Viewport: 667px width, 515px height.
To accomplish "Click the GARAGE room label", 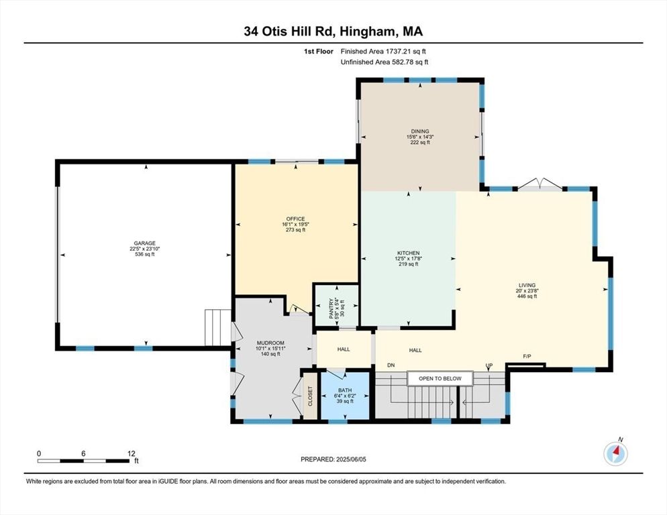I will pyautogui.click(x=145, y=243).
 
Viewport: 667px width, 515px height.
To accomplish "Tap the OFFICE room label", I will pyautogui.click(x=295, y=219).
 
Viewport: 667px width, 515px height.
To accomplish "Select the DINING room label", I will pyautogui.click(x=420, y=131).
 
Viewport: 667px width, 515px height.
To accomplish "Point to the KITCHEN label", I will pyautogui.click(x=408, y=253).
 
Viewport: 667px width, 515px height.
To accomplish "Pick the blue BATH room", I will pyautogui.click(x=345, y=395).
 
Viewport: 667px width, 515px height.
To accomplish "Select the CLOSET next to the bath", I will pyautogui.click(x=309, y=396).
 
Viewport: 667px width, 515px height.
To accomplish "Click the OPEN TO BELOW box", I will pyautogui.click(x=440, y=379).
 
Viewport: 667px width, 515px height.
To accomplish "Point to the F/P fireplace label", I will pyautogui.click(x=528, y=357).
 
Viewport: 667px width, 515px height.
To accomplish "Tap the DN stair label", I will pyautogui.click(x=391, y=365).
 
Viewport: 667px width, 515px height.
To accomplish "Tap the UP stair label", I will pyautogui.click(x=489, y=365).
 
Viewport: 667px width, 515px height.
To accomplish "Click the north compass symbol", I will pyautogui.click(x=615, y=454).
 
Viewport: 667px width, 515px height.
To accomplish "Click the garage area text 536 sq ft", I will pyautogui.click(x=145, y=254).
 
